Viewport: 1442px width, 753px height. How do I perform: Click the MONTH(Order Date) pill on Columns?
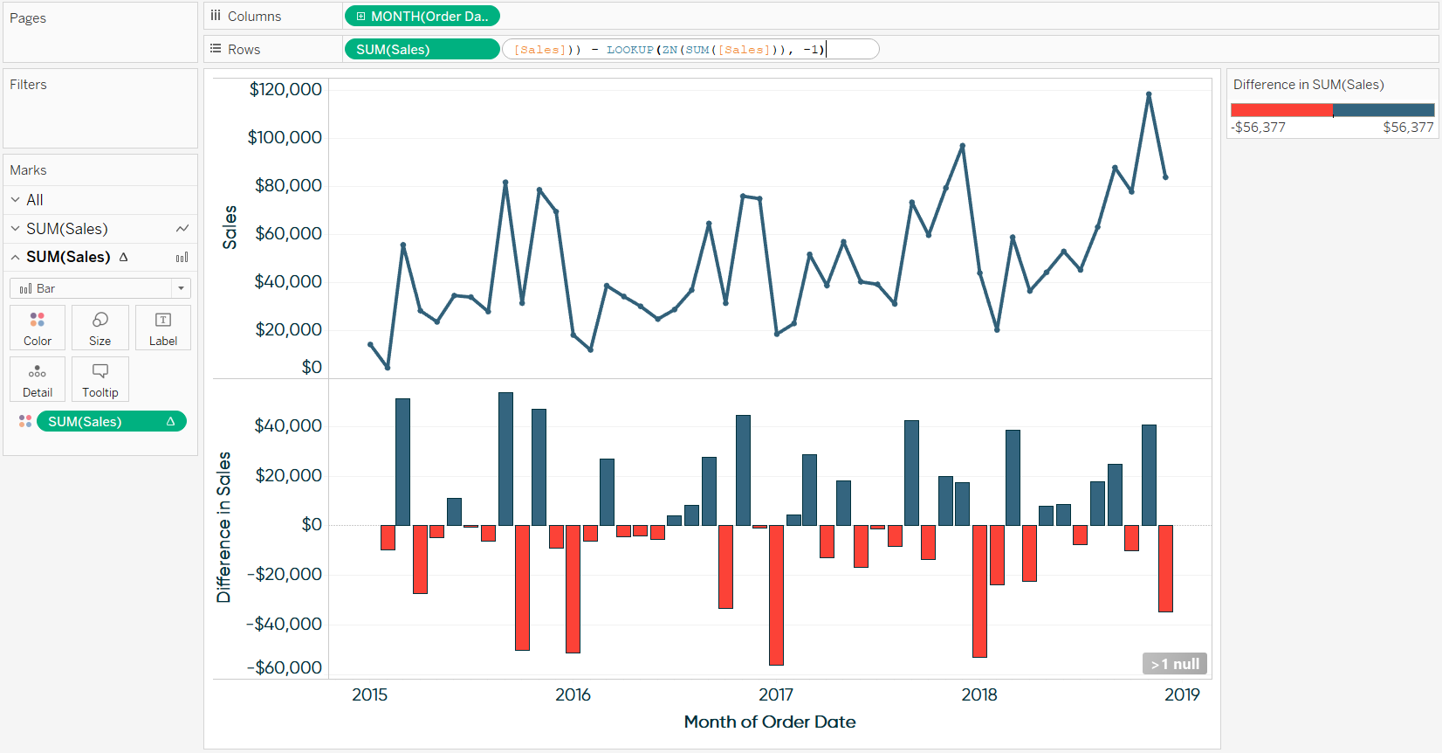tap(422, 16)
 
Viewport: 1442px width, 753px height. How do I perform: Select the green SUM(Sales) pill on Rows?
tap(422, 49)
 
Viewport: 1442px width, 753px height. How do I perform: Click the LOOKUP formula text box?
tap(690, 49)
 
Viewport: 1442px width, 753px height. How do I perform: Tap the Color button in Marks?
tap(38, 328)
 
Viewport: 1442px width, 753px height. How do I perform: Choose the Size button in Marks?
tap(100, 328)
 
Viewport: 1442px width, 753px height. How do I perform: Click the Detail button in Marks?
tap(38, 379)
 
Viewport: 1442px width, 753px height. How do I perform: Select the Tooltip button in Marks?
tap(100, 379)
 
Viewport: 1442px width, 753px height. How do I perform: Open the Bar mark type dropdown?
tap(100, 288)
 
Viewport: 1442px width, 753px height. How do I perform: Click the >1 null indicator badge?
tap(1174, 664)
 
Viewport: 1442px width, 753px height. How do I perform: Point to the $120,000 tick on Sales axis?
tap(285, 89)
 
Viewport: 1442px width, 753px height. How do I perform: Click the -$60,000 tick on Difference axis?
tap(285, 667)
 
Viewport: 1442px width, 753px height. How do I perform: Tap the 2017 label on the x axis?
tap(776, 694)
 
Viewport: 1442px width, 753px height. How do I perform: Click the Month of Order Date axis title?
tap(769, 722)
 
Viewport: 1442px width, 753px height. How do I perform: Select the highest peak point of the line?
tap(1149, 94)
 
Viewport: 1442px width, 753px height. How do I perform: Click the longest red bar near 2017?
tap(776, 594)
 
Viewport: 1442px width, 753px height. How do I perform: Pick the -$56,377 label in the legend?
tap(1259, 128)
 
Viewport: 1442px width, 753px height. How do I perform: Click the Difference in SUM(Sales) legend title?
tap(1308, 85)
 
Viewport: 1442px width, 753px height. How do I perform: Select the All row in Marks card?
tap(35, 200)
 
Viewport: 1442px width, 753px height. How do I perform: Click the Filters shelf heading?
tap(28, 85)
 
